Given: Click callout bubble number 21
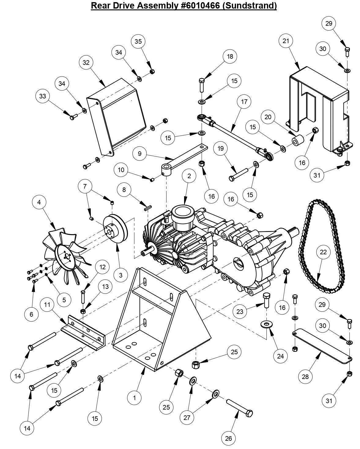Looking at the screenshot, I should [286, 41].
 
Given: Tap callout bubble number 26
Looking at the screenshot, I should [228, 438].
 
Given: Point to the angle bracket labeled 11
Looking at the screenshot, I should [83, 330].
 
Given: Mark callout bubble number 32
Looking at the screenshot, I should [86, 62].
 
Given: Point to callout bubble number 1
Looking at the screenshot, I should [134, 398].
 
